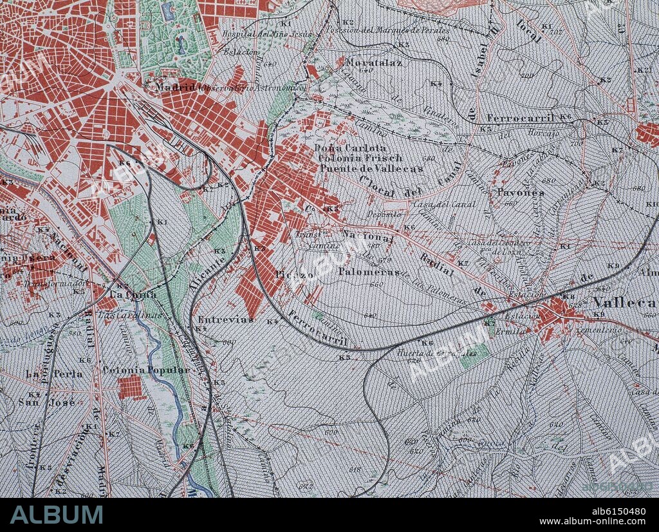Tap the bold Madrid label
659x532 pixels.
(175, 87)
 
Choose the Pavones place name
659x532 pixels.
(521, 193)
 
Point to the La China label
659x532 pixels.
(133, 294)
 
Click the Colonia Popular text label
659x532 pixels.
(146, 370)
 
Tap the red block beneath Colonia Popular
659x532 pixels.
(131, 388)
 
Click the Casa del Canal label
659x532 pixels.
(454, 205)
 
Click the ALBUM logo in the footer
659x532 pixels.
(57, 515)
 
